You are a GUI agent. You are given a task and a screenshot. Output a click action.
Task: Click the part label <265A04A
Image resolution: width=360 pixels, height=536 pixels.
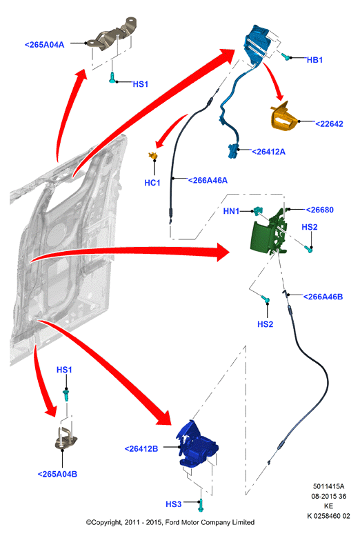[44, 45]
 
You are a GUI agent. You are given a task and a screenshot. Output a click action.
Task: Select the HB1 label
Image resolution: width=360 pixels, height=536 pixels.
[314, 60]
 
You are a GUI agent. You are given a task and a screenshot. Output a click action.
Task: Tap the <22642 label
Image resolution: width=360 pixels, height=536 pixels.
[329, 123]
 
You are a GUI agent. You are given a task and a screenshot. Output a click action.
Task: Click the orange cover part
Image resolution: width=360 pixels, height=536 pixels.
[284, 117]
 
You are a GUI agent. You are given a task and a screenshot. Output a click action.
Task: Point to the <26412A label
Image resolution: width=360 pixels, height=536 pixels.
[268, 152]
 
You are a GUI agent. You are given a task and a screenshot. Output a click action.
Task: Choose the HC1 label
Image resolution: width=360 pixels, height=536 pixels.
[152, 183]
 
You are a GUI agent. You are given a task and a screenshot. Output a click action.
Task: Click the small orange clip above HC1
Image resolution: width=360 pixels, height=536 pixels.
[153, 156]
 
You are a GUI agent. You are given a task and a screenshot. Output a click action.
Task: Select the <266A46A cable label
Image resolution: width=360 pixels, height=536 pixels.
[208, 180]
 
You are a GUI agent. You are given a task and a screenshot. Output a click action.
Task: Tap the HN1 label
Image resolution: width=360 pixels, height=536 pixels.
[231, 211]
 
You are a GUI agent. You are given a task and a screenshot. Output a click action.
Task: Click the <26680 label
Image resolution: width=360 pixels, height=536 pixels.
[319, 210]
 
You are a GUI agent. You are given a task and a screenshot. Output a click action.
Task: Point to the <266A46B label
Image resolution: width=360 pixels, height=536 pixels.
[323, 297]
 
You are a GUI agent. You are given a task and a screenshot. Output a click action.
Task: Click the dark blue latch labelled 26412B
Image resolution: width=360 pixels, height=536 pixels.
[197, 444]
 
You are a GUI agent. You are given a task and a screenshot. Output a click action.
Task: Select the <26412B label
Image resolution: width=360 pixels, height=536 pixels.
[141, 449]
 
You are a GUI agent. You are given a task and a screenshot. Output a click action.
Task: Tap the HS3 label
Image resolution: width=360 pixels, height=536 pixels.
[173, 504]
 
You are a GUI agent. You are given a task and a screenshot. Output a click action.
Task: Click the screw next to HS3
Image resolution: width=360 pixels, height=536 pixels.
[201, 505]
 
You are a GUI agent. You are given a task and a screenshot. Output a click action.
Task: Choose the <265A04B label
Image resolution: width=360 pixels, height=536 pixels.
[57, 474]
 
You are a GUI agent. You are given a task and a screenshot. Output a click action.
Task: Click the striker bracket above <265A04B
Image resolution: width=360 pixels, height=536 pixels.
[66, 439]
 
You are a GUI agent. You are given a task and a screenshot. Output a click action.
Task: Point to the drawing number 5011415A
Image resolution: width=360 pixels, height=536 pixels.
[328, 486]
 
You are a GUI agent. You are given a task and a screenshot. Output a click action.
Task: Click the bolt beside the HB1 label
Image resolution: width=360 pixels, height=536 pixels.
[286, 56]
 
